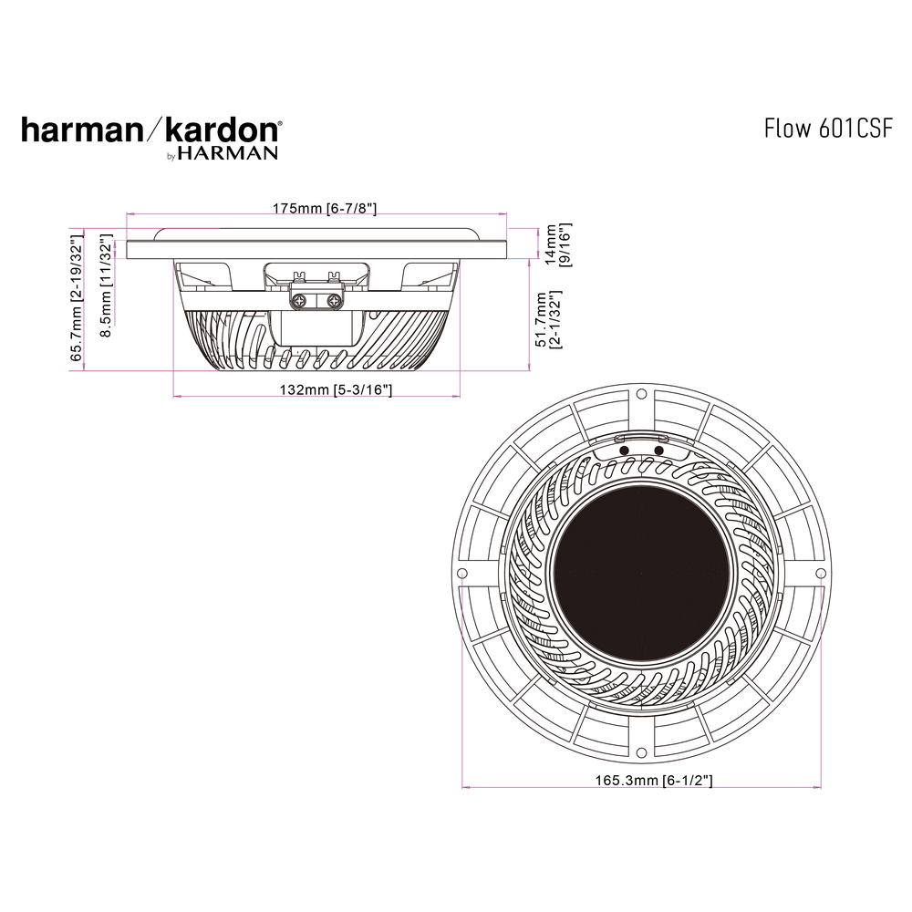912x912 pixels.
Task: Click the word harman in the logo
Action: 78,130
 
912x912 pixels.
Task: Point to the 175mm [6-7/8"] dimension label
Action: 325,209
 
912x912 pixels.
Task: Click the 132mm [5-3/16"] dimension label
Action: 336,390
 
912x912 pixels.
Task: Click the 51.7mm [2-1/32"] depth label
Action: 547,320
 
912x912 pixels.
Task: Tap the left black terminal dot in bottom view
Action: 623,450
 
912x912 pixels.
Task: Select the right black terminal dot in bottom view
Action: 658,450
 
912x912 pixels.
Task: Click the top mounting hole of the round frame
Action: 641,395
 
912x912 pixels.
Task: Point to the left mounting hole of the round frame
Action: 462,574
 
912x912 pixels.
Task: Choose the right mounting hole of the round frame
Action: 820,574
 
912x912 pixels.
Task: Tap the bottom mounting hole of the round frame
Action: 641,752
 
